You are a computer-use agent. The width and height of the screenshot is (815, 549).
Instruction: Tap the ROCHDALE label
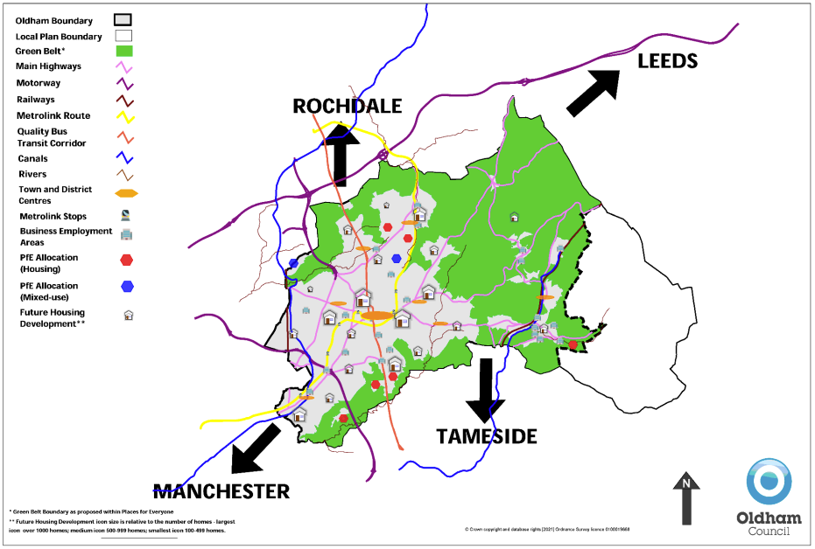pyautogui.click(x=347, y=107)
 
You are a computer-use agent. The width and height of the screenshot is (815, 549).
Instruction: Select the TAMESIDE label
pyautogui.click(x=487, y=436)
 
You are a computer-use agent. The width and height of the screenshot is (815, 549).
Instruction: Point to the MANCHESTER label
pyautogui.click(x=221, y=491)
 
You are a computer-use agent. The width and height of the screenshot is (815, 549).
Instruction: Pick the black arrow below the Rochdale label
pyautogui.click(x=341, y=154)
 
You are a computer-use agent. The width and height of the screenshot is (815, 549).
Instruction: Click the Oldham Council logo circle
pyautogui.click(x=769, y=481)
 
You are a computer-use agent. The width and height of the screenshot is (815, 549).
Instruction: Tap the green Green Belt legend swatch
pyautogui.click(x=124, y=52)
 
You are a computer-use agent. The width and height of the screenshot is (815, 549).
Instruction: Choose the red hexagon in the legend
pyautogui.click(x=127, y=260)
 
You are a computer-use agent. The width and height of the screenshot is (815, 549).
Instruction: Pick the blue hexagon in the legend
pyautogui.click(x=127, y=286)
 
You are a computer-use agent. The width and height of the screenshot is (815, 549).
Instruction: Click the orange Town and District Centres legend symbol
pyautogui.click(x=127, y=193)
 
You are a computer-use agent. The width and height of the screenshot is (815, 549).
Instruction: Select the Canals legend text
pyautogui.click(x=32, y=159)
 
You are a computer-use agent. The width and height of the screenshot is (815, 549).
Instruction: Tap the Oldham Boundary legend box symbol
pyautogui.click(x=124, y=20)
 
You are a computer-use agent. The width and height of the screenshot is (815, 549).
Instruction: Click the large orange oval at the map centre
pyautogui.click(x=377, y=315)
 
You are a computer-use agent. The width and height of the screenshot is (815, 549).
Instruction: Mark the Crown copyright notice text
pyautogui.click(x=547, y=530)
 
